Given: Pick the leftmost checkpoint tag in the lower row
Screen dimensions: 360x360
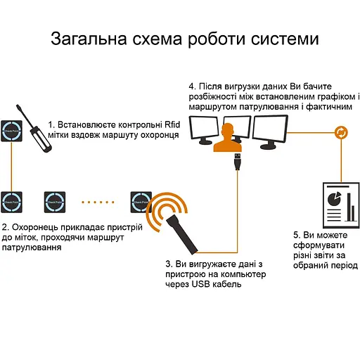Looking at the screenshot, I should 13,202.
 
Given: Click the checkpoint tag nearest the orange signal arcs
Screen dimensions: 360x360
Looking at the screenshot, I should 141,202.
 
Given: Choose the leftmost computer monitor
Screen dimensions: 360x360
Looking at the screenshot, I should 205,129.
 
